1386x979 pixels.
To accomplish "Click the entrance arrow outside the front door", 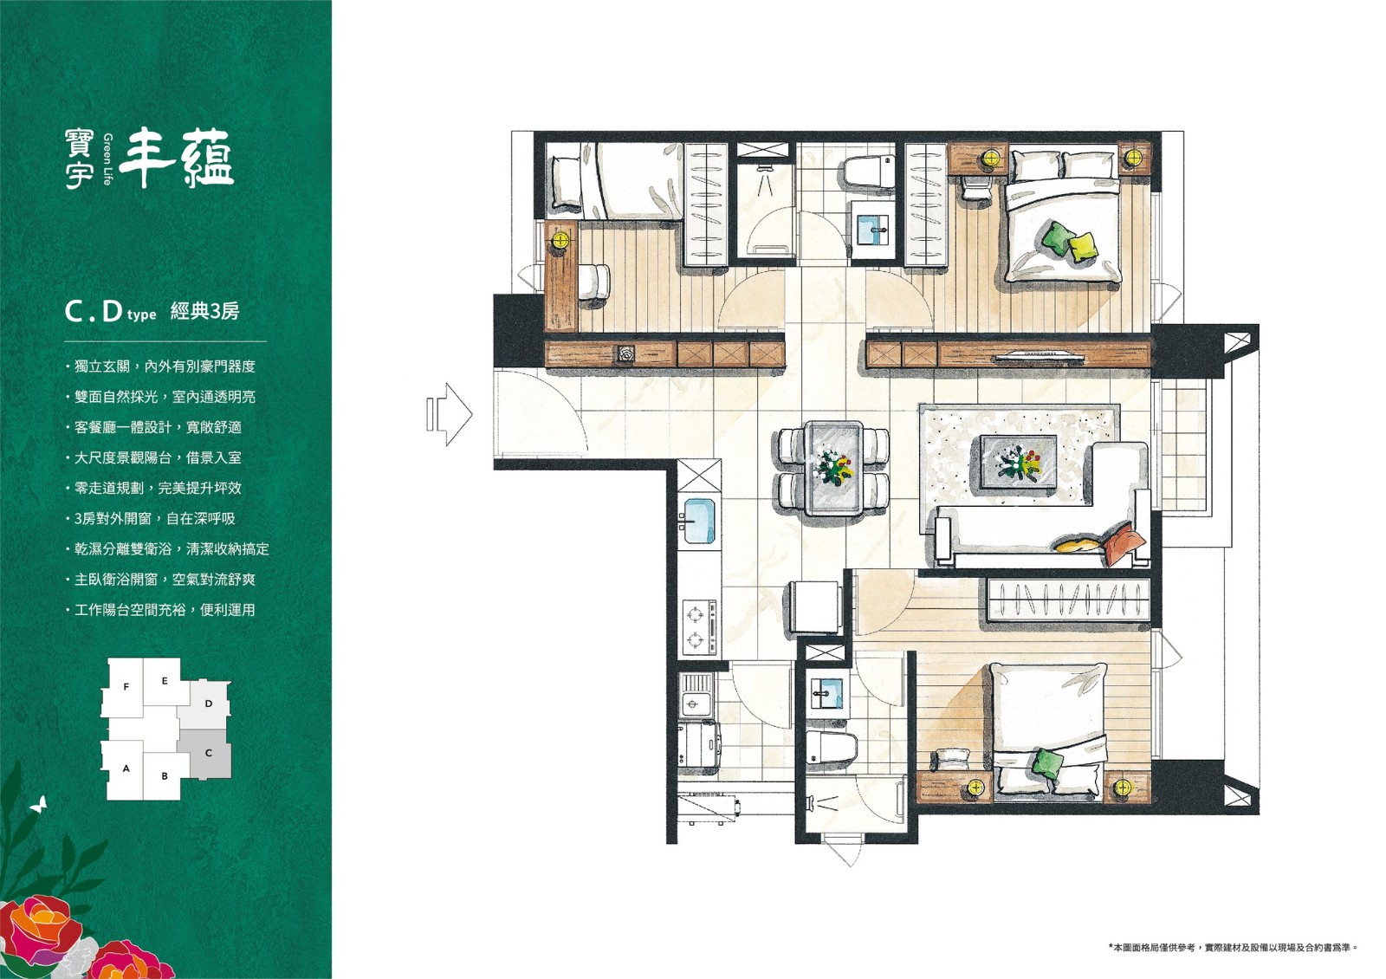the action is [450, 414].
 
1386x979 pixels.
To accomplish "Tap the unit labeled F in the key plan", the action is [126, 687].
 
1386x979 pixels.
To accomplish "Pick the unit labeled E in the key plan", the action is [165, 681].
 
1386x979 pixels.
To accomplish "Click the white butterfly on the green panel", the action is [38, 804].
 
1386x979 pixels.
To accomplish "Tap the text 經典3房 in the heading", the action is [204, 311].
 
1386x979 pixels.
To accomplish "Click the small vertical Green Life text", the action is [108, 159].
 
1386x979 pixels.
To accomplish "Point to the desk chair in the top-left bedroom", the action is [594, 282].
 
